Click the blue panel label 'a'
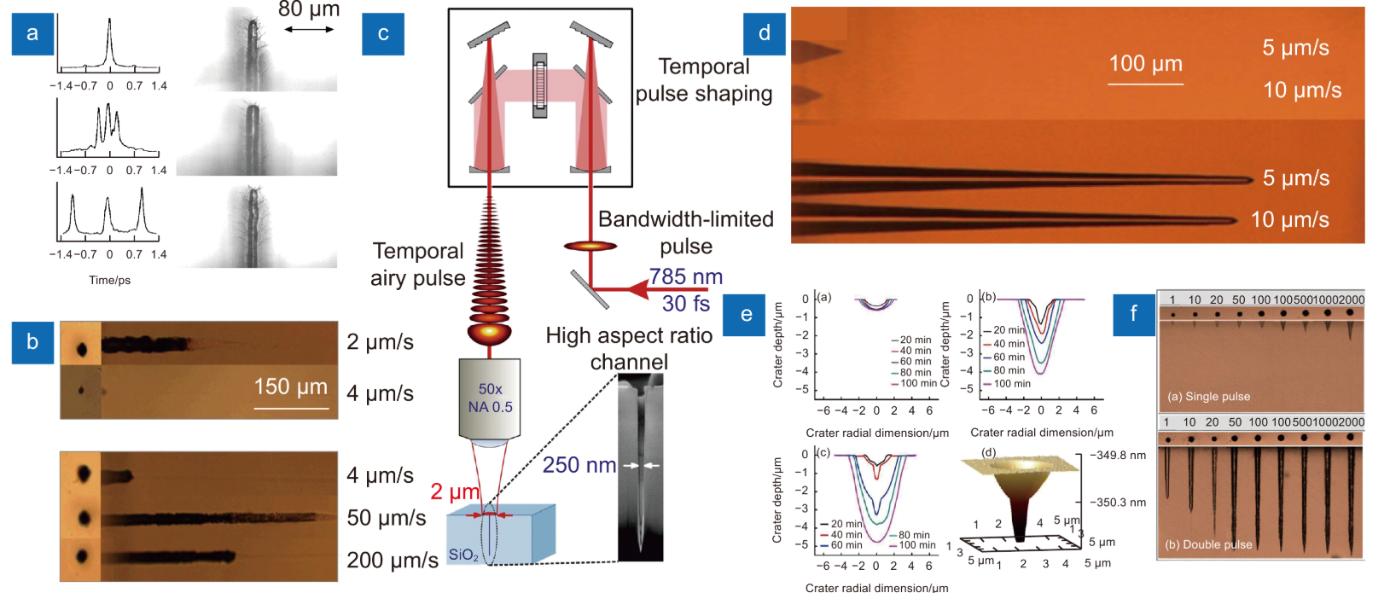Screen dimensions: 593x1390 32,34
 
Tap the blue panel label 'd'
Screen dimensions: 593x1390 764,34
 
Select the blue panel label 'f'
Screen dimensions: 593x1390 1134,313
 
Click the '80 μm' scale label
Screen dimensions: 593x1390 309,10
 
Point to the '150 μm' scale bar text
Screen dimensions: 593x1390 290,387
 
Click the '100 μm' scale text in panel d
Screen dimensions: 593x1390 1145,64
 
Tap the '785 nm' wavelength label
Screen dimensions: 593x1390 685,276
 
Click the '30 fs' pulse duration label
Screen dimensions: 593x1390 685,303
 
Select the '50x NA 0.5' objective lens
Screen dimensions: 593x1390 490,398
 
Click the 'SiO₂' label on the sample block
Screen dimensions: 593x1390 463,555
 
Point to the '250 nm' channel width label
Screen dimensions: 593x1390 579,465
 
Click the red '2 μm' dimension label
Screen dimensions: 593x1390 455,491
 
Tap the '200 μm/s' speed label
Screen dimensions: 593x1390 393,560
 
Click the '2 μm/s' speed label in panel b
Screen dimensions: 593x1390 380,342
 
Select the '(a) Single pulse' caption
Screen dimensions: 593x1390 1208,397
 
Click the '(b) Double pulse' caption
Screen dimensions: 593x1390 1208,544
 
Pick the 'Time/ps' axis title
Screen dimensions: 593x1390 110,280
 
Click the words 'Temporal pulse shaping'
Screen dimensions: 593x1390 704,80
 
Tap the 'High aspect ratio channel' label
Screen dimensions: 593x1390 629,348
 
